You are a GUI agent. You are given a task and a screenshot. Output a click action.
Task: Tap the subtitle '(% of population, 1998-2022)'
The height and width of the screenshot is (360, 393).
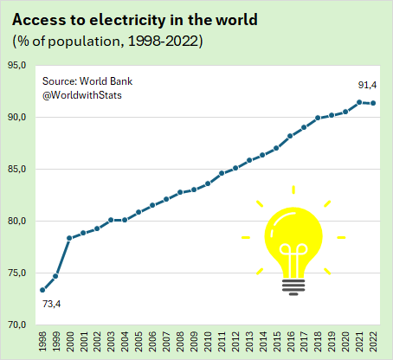pyautogui.click(x=107, y=42)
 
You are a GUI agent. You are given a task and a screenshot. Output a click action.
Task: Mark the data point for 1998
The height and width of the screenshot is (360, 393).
pyautogui.click(x=42, y=290)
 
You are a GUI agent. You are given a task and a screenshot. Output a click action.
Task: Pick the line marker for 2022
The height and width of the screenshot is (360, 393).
pyautogui.click(x=373, y=103)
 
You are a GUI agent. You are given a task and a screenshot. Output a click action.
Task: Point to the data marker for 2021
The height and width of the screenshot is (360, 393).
pyautogui.click(x=359, y=102)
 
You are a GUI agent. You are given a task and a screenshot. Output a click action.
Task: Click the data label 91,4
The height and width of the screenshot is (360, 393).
pyautogui.click(x=367, y=85)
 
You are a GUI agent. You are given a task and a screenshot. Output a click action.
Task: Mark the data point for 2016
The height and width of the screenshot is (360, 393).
pyautogui.click(x=290, y=136)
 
